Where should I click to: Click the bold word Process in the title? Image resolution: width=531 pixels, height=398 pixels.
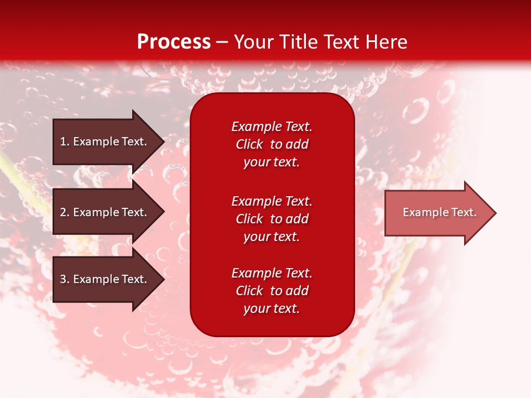point(174,42)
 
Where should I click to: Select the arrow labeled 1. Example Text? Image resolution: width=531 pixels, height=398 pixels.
point(105,142)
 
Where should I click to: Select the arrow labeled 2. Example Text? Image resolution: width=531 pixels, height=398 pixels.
point(105,212)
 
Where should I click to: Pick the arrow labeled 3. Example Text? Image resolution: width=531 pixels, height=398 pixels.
point(105,279)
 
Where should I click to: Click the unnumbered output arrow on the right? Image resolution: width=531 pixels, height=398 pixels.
point(437,213)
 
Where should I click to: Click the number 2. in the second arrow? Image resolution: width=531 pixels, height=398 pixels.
point(65,212)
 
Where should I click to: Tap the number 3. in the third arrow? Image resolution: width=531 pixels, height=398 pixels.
point(65,279)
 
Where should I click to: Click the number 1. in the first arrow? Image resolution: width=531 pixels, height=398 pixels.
point(65,142)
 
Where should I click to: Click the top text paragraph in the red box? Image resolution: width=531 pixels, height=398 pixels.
point(272,144)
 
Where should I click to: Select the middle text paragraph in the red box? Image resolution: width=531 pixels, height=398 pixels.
point(272,219)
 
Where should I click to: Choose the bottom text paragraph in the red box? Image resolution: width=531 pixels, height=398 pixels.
point(272,291)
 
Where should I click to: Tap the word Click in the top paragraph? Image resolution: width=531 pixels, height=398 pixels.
point(249,144)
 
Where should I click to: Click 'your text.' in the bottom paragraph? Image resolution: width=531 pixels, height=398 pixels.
point(272,308)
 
